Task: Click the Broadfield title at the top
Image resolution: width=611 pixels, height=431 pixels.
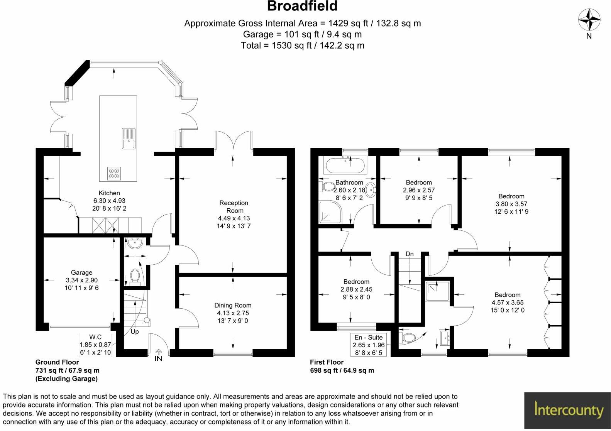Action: [302, 7]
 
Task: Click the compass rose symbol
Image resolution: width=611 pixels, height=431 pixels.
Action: [589, 20]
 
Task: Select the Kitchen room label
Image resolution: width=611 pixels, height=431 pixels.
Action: [109, 193]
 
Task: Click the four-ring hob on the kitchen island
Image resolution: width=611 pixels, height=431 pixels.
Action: [114, 173]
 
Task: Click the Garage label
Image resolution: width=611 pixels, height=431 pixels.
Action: [81, 272]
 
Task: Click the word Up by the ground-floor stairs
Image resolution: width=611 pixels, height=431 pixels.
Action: [135, 331]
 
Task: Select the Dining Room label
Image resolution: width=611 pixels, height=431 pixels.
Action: [233, 305]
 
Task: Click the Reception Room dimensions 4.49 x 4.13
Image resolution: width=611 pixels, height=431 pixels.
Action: [234, 218]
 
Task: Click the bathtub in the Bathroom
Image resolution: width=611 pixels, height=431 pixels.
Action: [345, 166]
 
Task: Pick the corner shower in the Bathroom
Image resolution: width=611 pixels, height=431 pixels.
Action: [330, 212]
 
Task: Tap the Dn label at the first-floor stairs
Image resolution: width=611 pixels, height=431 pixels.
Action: [410, 254]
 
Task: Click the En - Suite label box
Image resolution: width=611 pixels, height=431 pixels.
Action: [369, 345]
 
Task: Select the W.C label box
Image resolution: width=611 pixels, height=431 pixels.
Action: [95, 345]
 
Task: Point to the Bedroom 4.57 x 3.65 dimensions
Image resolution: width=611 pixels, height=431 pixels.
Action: [508, 303]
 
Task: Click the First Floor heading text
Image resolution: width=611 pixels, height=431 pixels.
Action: [327, 362]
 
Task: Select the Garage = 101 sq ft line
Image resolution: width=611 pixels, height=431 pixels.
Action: [302, 34]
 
